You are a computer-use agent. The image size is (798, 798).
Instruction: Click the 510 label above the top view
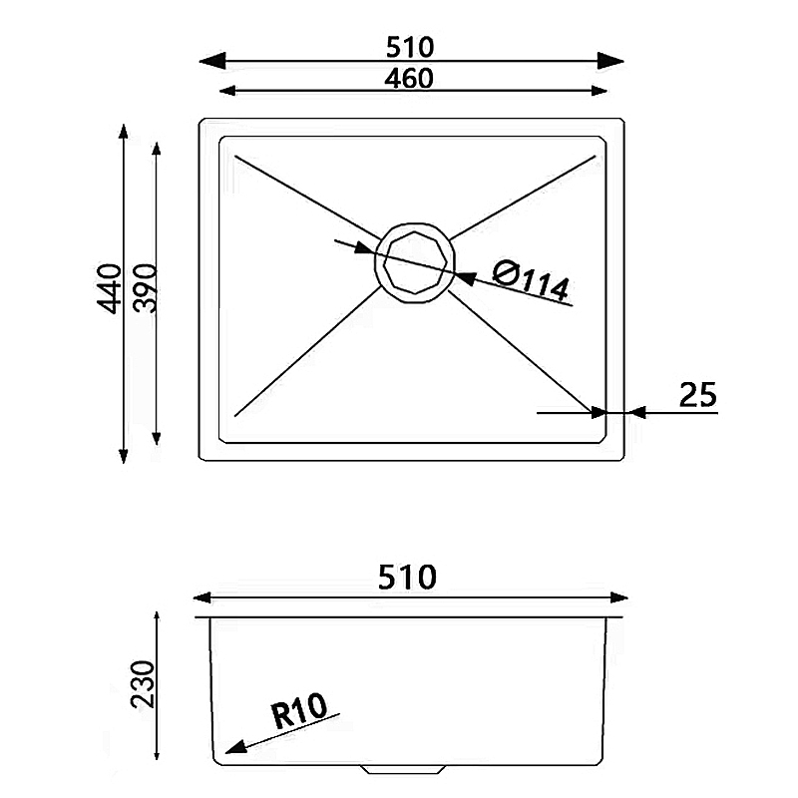pyautogui.click(x=411, y=46)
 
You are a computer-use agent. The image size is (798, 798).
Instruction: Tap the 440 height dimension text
pyautogui.click(x=110, y=289)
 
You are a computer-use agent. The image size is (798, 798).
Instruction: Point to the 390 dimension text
pyautogui.click(x=145, y=288)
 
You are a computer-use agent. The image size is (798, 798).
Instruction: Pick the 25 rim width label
pyautogui.click(x=697, y=395)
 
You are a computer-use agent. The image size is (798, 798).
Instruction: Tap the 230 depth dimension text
pyautogui.click(x=142, y=683)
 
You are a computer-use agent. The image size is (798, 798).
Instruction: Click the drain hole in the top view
pyautogui.click(x=413, y=261)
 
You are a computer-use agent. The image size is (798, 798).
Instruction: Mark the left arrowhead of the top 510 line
pyautogui.click(x=209, y=61)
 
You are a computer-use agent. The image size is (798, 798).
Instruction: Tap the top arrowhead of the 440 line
pyautogui.click(x=123, y=133)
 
